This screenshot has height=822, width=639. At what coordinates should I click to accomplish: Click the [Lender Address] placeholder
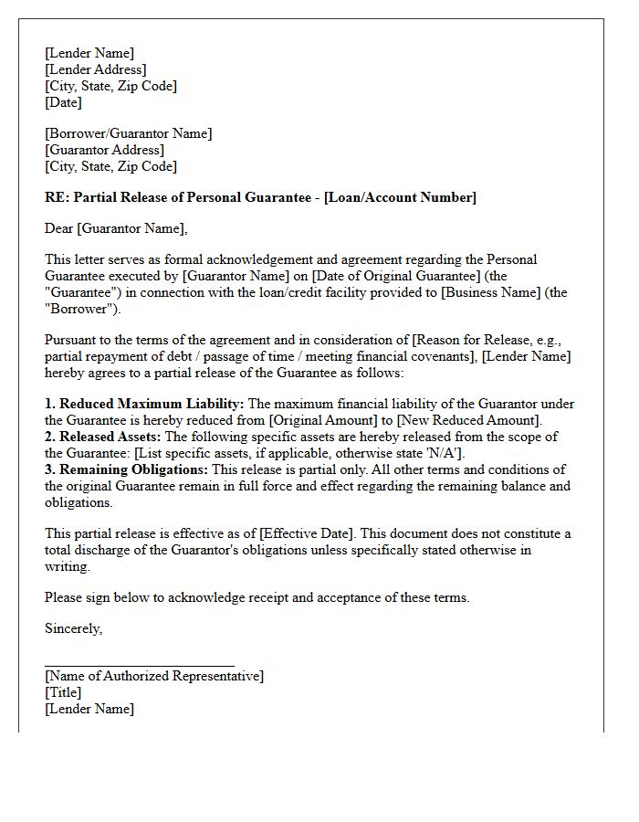click(x=95, y=69)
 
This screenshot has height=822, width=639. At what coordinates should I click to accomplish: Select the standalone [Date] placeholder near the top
click(x=63, y=102)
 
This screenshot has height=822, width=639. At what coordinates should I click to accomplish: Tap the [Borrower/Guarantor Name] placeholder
click(x=128, y=133)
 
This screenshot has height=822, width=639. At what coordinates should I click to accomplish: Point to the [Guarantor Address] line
click(x=104, y=150)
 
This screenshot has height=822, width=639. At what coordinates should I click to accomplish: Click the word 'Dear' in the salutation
click(x=59, y=228)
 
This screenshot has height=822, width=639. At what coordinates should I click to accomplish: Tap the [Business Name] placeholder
click(x=492, y=292)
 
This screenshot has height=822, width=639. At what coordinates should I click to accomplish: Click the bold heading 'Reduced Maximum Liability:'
click(x=152, y=404)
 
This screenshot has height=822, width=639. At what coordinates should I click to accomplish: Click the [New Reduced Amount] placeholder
click(x=468, y=420)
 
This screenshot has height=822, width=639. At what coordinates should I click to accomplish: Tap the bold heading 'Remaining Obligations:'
click(x=133, y=469)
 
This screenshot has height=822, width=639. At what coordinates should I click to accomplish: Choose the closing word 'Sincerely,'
click(x=73, y=628)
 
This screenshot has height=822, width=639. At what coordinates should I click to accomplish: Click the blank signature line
click(x=139, y=666)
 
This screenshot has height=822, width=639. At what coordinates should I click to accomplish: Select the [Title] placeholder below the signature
click(x=63, y=692)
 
